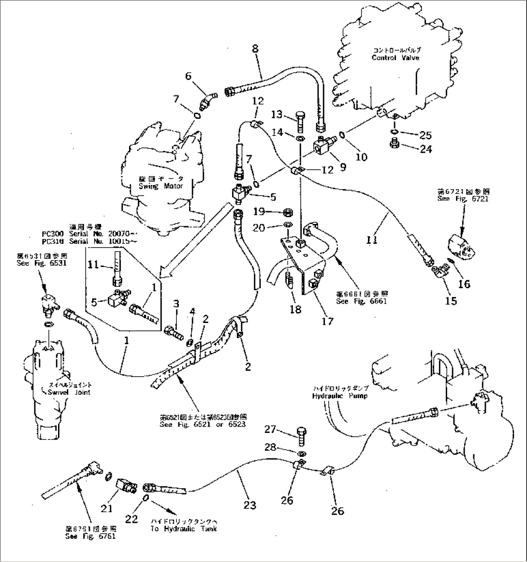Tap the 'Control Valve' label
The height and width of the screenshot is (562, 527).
click(x=395, y=58)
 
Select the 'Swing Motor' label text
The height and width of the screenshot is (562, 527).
click(x=161, y=186)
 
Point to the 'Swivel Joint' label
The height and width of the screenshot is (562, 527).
click(x=69, y=392)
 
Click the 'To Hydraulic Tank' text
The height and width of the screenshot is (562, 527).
click(x=183, y=529)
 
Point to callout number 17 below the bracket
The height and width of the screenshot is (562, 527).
click(x=327, y=321)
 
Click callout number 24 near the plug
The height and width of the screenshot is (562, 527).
click(x=425, y=149)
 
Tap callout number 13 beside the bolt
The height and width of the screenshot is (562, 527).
click(x=277, y=114)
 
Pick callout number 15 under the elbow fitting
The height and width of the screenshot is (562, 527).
click(x=450, y=301)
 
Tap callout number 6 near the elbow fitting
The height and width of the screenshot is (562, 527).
click(x=188, y=76)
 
